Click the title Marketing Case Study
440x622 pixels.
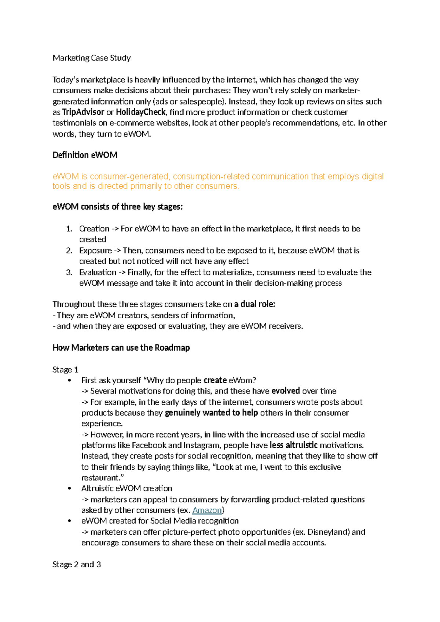(x=92, y=58)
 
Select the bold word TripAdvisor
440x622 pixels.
(x=83, y=112)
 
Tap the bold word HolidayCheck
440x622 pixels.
(x=141, y=112)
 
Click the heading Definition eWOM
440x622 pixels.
(x=85, y=155)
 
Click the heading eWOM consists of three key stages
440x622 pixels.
(x=117, y=207)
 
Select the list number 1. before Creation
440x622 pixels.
(x=69, y=229)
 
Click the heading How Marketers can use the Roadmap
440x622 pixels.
(x=121, y=348)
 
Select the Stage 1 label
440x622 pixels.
(x=65, y=370)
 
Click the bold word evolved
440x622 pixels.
(x=286, y=391)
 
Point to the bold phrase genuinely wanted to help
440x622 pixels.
(x=212, y=413)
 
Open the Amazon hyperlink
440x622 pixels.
(x=207, y=510)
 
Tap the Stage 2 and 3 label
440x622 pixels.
(x=77, y=564)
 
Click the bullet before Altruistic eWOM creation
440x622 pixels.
(x=69, y=489)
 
